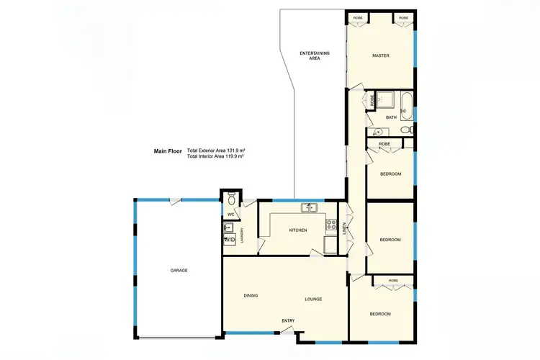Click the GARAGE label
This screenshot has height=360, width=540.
pos(179,270)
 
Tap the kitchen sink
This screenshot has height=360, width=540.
pos(311,209)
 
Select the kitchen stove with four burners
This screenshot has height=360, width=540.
pos(331,225)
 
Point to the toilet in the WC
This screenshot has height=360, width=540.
pos(232,197)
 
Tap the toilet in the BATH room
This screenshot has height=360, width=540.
pos(405,130)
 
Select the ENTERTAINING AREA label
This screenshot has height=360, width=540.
pos(310,56)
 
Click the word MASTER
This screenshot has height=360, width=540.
pos(381,55)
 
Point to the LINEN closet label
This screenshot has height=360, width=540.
pos(346,229)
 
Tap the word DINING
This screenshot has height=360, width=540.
pos(251,295)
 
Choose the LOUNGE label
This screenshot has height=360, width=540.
pos(312,299)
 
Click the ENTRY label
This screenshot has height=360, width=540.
pos(288,321)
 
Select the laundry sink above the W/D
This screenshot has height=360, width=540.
pos(228,228)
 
